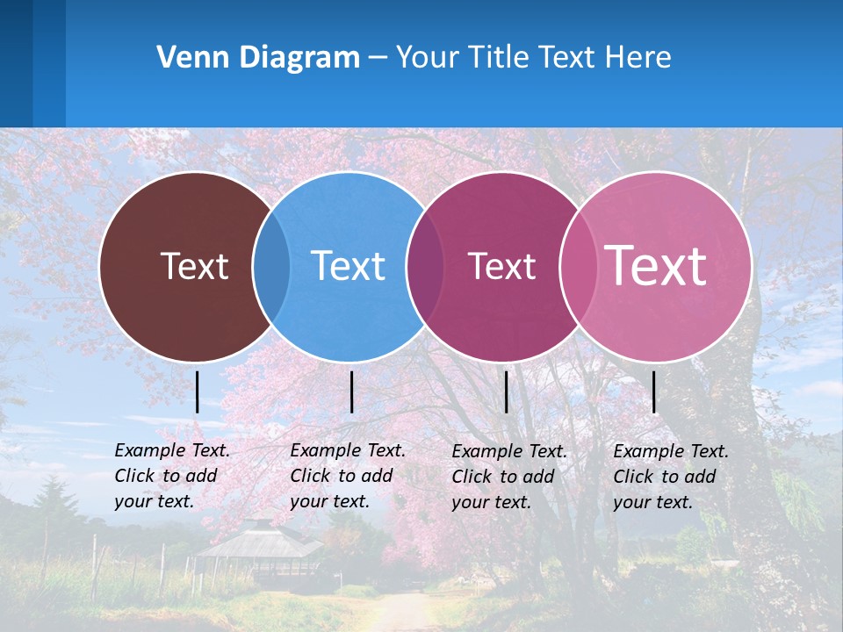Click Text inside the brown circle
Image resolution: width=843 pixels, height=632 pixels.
pyautogui.click(x=194, y=266)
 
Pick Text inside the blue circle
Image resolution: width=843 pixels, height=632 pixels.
pyautogui.click(x=348, y=266)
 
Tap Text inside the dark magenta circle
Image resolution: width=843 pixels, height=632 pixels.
pyautogui.click(x=501, y=266)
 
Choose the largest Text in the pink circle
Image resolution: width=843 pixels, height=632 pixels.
pyautogui.click(x=656, y=265)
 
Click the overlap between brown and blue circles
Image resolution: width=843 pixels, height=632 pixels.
pyautogui.click(x=271, y=267)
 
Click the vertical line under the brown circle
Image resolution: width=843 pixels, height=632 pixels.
pyautogui.click(x=198, y=391)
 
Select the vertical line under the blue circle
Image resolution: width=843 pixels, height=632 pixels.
pyautogui.click(x=351, y=391)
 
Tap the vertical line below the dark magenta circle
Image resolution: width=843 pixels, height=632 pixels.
pyautogui.click(x=507, y=391)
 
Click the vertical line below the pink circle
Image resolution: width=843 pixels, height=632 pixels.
pyautogui.click(x=654, y=391)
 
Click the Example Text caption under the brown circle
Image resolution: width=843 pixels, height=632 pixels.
pyautogui.click(x=172, y=476)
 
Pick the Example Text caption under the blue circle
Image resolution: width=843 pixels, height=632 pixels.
pyautogui.click(x=348, y=476)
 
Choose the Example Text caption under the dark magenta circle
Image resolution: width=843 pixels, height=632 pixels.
pyautogui.click(x=509, y=477)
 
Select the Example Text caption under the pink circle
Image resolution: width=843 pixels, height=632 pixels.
pyautogui.click(x=671, y=477)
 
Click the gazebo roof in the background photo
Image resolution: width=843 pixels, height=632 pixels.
pyautogui.click(x=259, y=540)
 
